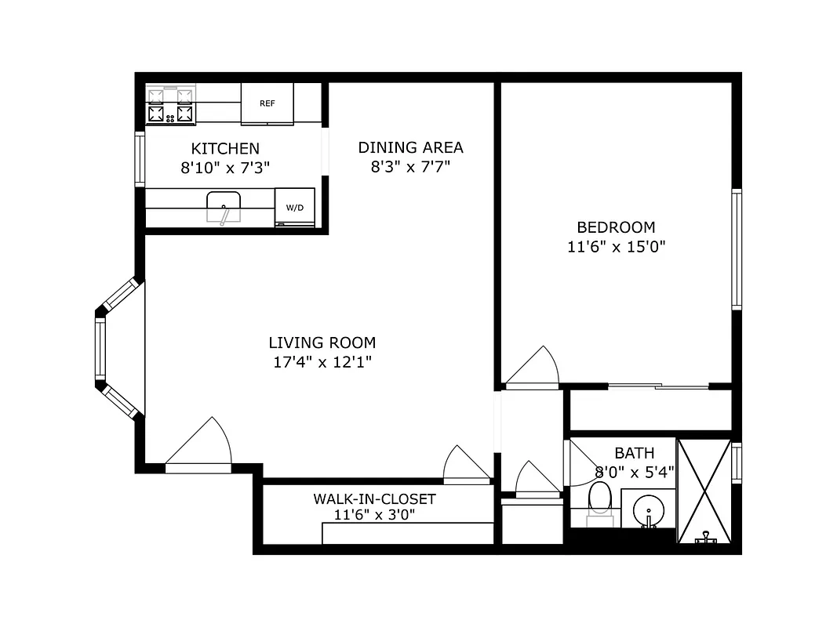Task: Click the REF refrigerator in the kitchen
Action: coord(267,103)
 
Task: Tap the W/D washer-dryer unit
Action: coord(294,208)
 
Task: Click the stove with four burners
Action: coord(170,106)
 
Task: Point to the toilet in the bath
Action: coord(600,499)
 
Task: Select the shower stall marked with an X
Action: coord(704,491)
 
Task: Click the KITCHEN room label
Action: coord(225,148)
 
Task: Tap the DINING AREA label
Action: coord(410,147)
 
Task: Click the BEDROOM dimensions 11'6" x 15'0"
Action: coord(616,247)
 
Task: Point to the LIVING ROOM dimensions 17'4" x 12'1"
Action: coord(322,362)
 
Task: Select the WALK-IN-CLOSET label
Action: coord(374,499)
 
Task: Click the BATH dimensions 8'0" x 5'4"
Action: coord(634,472)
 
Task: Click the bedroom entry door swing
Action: coord(533,368)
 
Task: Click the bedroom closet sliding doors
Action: coord(659,386)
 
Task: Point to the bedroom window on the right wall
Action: coord(736,249)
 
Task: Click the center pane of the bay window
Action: coord(100,350)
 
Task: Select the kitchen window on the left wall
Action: coord(140,159)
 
